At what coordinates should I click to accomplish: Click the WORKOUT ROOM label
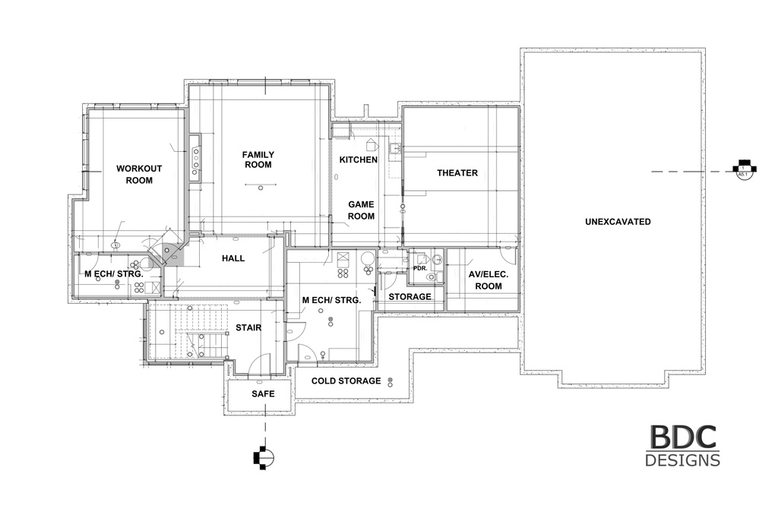(x=139, y=174)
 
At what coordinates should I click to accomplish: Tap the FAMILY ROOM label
(x=258, y=160)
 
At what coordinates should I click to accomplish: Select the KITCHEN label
(x=359, y=160)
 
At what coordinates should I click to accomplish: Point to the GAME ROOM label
(x=361, y=210)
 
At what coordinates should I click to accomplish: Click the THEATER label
(x=457, y=172)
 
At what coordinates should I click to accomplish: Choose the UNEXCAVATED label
(x=618, y=222)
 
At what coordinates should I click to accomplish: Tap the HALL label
(x=233, y=258)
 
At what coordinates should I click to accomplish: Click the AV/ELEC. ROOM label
(x=489, y=280)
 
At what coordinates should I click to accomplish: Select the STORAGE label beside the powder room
(x=410, y=297)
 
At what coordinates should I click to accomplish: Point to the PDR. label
(x=420, y=268)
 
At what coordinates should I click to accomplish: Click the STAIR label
(x=248, y=327)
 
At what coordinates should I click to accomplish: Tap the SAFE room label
(x=263, y=393)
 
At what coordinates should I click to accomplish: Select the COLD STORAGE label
(x=346, y=381)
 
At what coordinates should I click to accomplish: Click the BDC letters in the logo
(x=683, y=437)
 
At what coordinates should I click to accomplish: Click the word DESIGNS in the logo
(x=683, y=460)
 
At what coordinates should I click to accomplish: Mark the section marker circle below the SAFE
(x=267, y=458)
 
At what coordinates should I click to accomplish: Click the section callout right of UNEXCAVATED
(x=744, y=169)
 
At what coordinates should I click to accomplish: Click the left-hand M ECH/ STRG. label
(x=114, y=273)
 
